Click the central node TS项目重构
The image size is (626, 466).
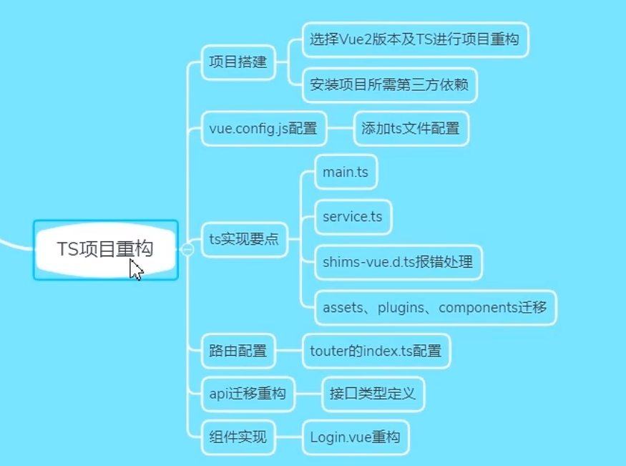point(105,249)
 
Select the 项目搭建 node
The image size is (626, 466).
point(238,62)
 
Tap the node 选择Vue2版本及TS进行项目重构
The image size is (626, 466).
point(414,39)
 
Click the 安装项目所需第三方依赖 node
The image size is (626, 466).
point(389,84)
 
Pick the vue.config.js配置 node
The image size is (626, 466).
point(263,130)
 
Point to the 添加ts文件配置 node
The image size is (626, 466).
point(411,130)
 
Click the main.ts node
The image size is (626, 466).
point(346,172)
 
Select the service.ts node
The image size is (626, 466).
point(353,217)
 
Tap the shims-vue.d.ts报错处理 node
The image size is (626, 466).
point(398,262)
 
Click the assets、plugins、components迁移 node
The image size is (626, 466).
point(435,308)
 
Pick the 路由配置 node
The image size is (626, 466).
point(238,351)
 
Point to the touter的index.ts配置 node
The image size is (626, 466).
point(376,351)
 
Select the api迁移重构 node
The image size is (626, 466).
point(248,394)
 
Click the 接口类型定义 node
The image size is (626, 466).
point(373,394)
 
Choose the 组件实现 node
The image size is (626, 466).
point(238,436)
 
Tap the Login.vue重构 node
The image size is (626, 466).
point(355,436)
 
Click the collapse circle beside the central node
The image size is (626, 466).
point(187,249)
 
